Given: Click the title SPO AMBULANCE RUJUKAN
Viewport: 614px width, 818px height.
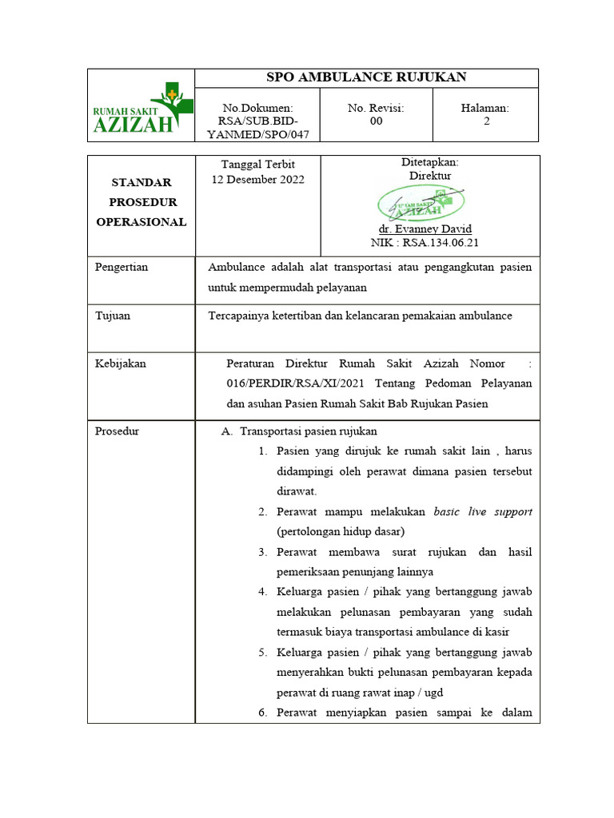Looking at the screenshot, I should (365, 77).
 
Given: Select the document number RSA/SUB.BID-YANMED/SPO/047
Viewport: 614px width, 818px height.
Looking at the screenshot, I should (257, 121).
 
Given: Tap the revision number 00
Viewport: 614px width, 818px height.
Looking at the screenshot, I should (376, 121).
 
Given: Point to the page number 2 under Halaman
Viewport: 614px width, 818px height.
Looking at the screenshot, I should (486, 121).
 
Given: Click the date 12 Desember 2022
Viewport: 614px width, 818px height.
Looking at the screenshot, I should (257, 180).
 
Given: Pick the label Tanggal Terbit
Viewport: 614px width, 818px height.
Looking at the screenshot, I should (257, 165).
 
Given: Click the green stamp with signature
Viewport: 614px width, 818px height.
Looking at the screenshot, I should (421, 204).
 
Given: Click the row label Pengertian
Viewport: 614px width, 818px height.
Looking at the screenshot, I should (122, 267).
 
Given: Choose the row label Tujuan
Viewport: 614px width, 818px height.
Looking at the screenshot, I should (113, 316).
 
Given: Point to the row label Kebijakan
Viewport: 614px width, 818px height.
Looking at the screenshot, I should (120, 363).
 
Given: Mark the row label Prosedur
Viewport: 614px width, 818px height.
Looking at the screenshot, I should (117, 431).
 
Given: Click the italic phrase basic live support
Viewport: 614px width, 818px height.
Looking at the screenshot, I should (483, 511).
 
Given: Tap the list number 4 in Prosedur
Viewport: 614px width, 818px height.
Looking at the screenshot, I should (261, 592).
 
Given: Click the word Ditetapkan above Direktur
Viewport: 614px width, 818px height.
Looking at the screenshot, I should (429, 162).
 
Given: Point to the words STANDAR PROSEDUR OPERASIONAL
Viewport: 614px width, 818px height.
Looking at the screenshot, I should (141, 202).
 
